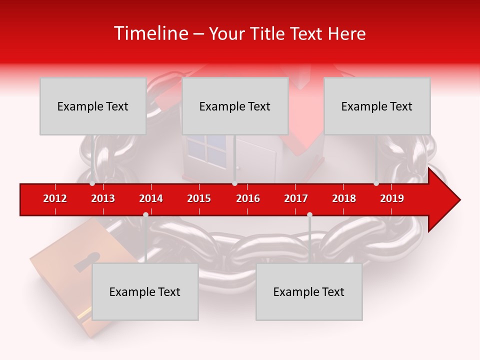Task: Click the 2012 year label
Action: pyautogui.click(x=55, y=198)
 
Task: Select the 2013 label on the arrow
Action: pyautogui.click(x=103, y=198)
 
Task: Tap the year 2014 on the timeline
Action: pyautogui.click(x=151, y=198)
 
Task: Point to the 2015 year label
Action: pyautogui.click(x=199, y=198)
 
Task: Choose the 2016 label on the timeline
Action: pyautogui.click(x=248, y=198)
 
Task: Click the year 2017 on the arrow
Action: pyautogui.click(x=296, y=198)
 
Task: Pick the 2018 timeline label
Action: pyautogui.click(x=344, y=198)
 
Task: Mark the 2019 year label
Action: pyautogui.click(x=392, y=198)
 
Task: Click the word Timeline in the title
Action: pyautogui.click(x=150, y=33)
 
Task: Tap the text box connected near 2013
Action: pyautogui.click(x=93, y=106)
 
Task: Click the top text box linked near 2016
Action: pyautogui.click(x=235, y=106)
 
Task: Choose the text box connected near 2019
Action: pyautogui.click(x=377, y=106)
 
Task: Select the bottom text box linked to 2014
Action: pyautogui.click(x=145, y=291)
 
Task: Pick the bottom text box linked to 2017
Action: pyautogui.click(x=309, y=291)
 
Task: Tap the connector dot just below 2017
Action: pyautogui.click(x=309, y=214)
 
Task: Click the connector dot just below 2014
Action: pyautogui.click(x=145, y=214)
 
